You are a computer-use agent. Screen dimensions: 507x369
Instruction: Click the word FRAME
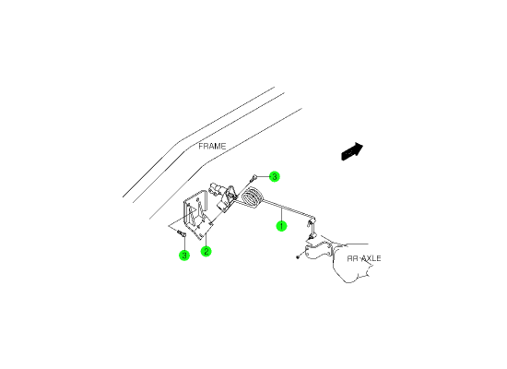(212, 147)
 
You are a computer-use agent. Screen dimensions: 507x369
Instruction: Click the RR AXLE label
(364, 258)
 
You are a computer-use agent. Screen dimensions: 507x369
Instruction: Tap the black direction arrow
(352, 151)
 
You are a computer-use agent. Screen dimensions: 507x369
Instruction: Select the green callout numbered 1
(281, 226)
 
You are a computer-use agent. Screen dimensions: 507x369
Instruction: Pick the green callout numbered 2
(206, 251)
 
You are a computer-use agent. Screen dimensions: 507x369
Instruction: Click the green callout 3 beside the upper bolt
(274, 177)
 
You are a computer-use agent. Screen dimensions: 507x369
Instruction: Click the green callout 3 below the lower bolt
(184, 255)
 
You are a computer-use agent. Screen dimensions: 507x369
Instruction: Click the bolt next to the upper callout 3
(253, 178)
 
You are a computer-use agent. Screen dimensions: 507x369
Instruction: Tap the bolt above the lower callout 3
(182, 232)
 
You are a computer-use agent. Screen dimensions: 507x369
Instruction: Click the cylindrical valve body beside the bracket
(217, 188)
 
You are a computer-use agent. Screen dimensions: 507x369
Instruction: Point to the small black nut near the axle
(298, 257)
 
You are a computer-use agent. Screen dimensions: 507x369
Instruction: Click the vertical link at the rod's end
(312, 229)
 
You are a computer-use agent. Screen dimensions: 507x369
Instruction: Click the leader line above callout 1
(282, 214)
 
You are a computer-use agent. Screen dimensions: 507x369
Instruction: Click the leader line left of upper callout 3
(264, 177)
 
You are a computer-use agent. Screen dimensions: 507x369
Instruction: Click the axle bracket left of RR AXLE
(319, 251)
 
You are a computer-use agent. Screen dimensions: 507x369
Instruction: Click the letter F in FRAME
(201, 147)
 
